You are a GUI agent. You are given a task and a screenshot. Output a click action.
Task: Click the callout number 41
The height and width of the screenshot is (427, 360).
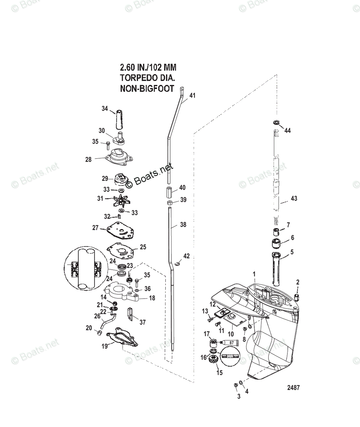192,95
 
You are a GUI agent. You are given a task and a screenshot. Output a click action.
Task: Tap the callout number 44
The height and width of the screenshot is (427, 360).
287,131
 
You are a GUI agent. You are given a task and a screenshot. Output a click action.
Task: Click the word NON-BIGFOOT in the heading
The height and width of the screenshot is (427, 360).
147,89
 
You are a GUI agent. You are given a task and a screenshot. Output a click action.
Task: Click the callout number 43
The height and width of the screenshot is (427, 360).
294,199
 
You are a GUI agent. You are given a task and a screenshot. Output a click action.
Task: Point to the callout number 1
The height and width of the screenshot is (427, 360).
264,274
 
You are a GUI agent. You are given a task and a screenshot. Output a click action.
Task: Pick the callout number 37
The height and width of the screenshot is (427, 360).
142,322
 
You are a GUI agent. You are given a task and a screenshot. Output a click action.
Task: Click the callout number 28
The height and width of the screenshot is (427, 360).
88,159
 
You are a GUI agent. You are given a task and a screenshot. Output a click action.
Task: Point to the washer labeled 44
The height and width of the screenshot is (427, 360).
276,123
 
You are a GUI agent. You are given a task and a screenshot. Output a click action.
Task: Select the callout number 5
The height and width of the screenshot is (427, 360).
292,252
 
